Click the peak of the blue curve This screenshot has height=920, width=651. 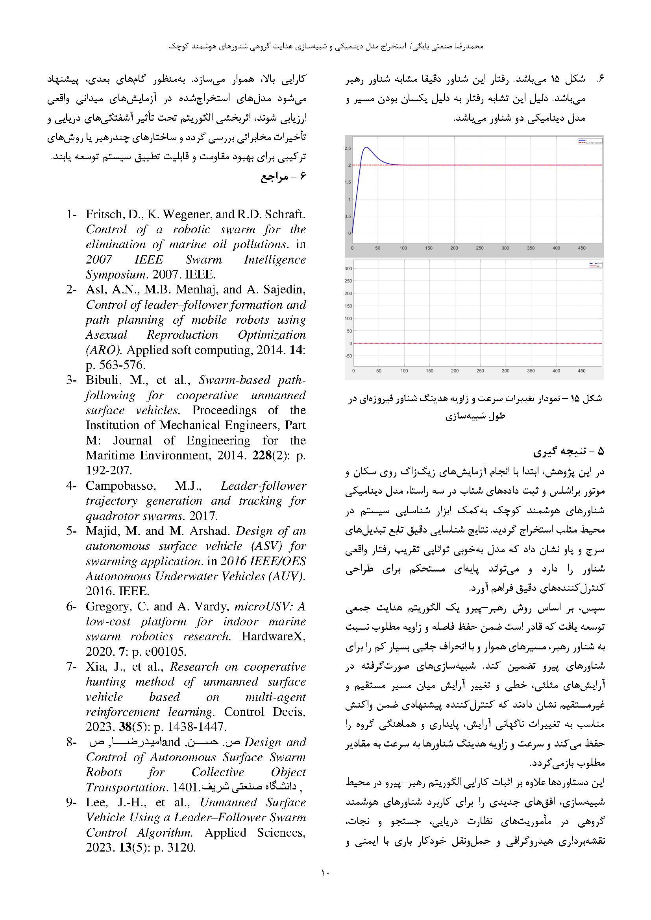click(x=366, y=147)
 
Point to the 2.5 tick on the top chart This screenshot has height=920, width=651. click(x=348, y=148)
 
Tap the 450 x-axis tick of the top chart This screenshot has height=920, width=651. click(x=582, y=249)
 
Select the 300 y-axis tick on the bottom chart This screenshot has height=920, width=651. click(x=348, y=269)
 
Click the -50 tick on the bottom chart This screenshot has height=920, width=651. click(x=348, y=356)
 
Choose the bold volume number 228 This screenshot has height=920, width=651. click(x=262, y=455)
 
